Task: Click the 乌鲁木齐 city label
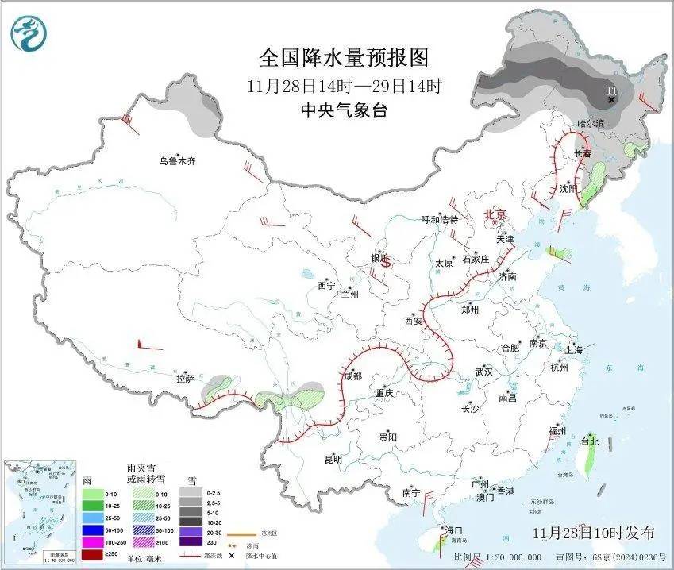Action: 176,161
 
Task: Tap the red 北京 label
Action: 495,214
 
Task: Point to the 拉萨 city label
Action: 185,379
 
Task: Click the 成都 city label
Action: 352,376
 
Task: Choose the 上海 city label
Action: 574,349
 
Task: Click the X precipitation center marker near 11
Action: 611,100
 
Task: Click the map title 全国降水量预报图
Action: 344,58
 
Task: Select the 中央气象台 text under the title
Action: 344,110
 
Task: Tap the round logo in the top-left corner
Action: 29,33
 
